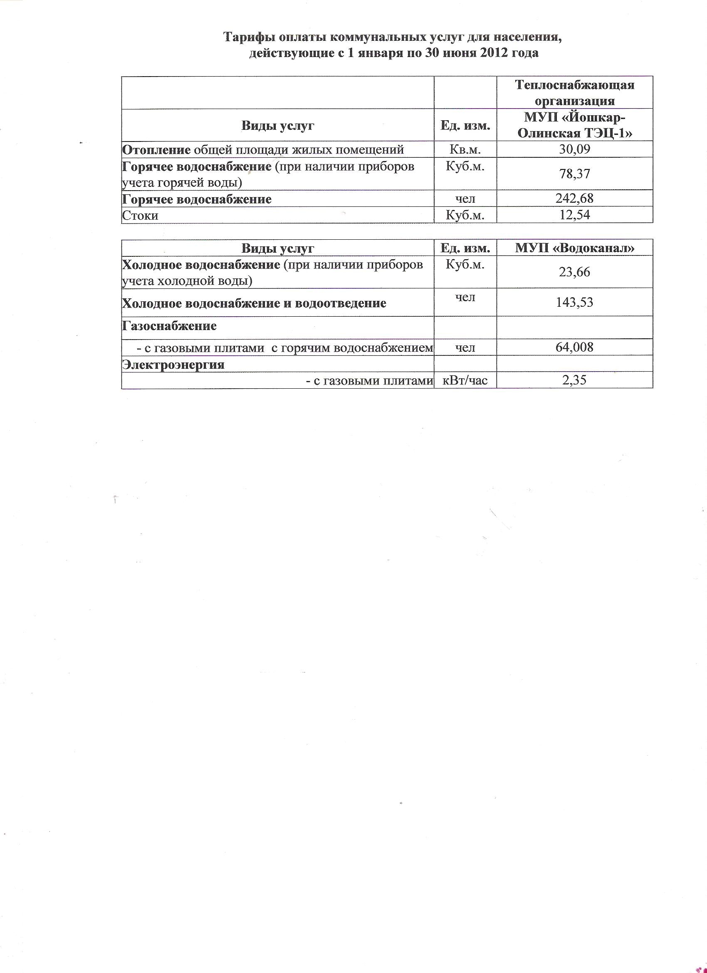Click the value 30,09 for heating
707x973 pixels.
[574, 149]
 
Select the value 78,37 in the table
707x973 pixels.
[574, 174]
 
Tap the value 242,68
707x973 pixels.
[574, 199]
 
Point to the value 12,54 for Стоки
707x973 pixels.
[574, 214]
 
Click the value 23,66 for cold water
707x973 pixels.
[574, 272]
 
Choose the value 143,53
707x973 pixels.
[574, 303]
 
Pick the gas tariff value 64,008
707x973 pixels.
[574, 347]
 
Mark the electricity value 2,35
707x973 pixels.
[574, 380]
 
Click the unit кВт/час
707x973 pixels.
[465, 380]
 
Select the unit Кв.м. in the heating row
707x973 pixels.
[465, 149]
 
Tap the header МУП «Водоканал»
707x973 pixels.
[574, 248]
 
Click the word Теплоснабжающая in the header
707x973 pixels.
[574, 85]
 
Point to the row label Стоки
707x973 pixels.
[140, 215]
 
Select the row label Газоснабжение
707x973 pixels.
[169, 326]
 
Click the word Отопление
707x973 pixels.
[156, 150]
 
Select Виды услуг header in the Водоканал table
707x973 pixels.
[277, 248]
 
